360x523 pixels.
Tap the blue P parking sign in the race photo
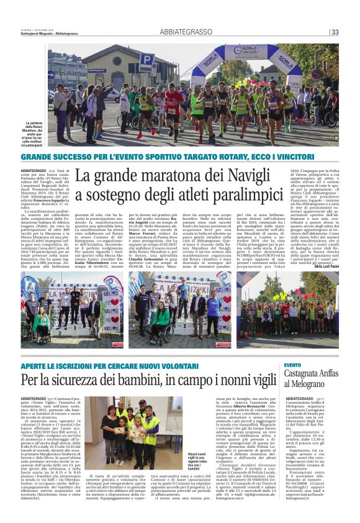pos(147,61)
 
